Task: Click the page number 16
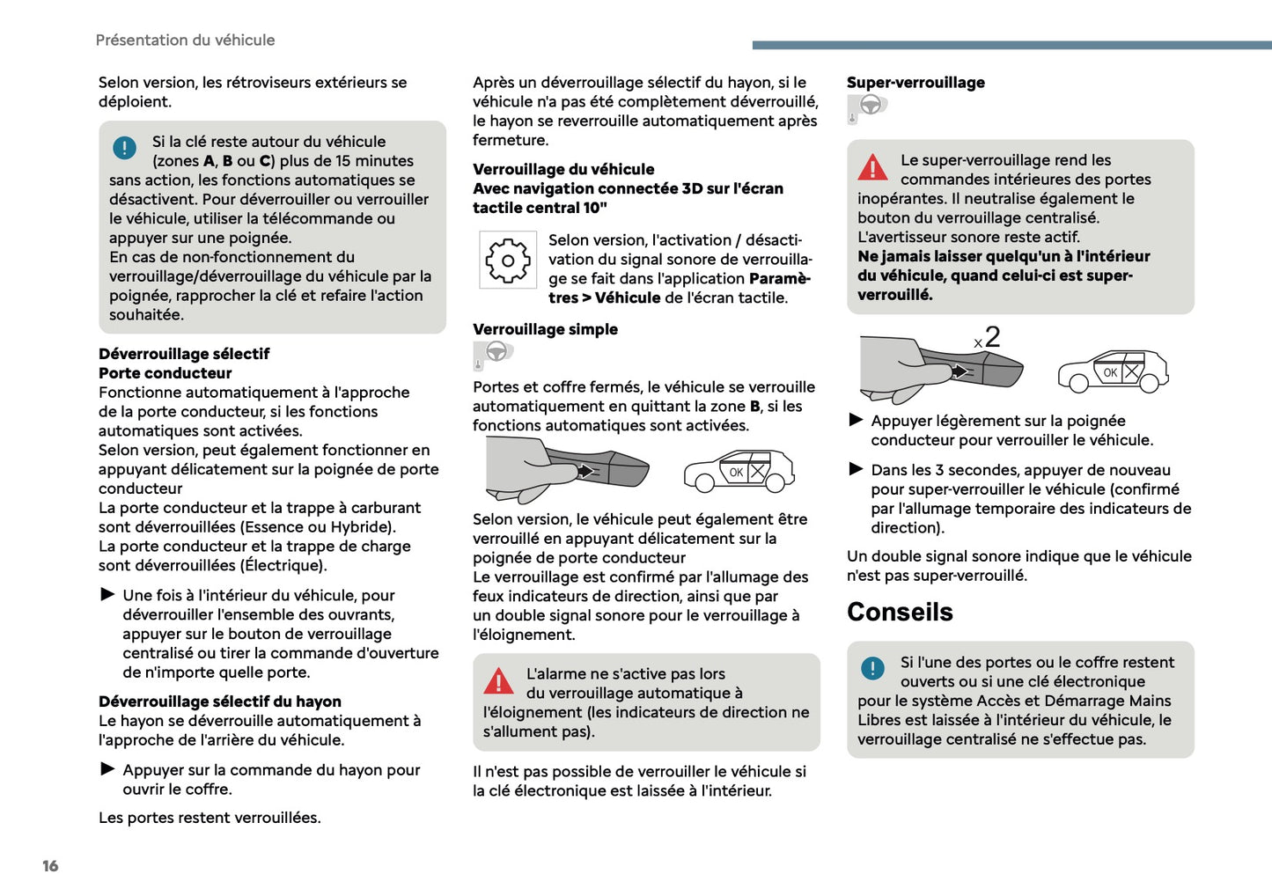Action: click(x=50, y=866)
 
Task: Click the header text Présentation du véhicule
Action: click(x=185, y=40)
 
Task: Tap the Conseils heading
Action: click(x=900, y=612)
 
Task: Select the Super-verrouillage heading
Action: click(x=915, y=83)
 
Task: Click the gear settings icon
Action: click(x=508, y=261)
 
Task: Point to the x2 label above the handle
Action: click(x=987, y=337)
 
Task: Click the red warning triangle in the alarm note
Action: click(x=498, y=680)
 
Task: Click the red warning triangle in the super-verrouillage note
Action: click(x=872, y=166)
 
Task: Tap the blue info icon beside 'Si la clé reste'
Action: click(x=125, y=148)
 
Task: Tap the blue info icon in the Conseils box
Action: click(x=872, y=668)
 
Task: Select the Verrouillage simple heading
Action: click(x=545, y=329)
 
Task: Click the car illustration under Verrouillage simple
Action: click(x=739, y=470)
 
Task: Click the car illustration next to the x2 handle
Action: click(x=1113, y=371)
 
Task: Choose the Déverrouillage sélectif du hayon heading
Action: click(x=220, y=701)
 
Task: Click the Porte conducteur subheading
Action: click(x=165, y=373)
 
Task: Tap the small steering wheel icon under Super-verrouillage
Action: click(x=869, y=106)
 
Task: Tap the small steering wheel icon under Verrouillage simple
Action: click(x=495, y=353)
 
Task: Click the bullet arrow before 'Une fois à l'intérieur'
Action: click(x=108, y=595)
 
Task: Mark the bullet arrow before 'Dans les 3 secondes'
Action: click(x=856, y=469)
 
